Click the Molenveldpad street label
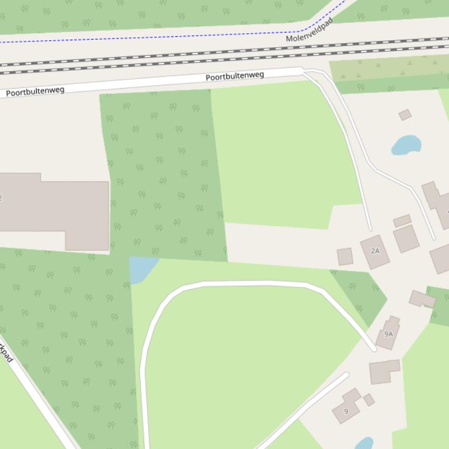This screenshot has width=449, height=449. click(x=310, y=30)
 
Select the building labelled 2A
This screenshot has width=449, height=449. click(x=375, y=251)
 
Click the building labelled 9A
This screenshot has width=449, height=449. click(x=388, y=334)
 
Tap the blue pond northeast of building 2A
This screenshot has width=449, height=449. click(x=406, y=145)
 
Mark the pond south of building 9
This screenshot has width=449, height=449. click(x=364, y=444)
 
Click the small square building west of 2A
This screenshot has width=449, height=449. click(x=345, y=257)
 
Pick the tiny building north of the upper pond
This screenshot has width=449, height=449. click(x=405, y=115)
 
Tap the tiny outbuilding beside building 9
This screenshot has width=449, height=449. click(x=369, y=399)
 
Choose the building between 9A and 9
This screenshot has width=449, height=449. click(x=384, y=371)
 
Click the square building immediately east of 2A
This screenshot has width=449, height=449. click(x=406, y=238)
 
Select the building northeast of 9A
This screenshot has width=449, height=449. click(x=422, y=299)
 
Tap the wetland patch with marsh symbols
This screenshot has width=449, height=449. click(x=385, y=69)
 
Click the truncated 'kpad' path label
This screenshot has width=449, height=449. click(x=6, y=353)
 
